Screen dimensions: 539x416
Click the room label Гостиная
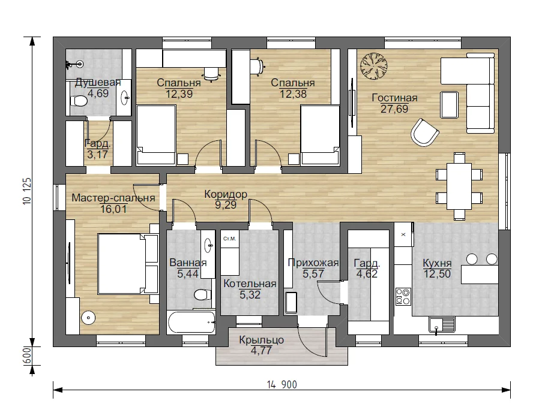(x=394, y=98)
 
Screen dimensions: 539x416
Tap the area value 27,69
(x=394, y=109)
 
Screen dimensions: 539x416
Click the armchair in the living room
(x=424, y=132)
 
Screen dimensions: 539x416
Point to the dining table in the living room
(x=459, y=186)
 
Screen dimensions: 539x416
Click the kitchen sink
(x=442, y=324)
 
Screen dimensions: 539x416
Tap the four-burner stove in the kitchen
(x=403, y=296)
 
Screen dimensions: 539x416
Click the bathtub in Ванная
(x=191, y=322)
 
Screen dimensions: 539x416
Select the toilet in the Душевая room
(x=79, y=101)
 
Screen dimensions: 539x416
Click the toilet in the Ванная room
(x=202, y=294)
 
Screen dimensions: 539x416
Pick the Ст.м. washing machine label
(x=229, y=239)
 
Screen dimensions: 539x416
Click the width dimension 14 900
(x=282, y=385)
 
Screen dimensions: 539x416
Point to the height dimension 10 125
(x=27, y=191)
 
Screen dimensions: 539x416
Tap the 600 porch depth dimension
(x=27, y=356)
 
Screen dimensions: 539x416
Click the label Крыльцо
(x=261, y=340)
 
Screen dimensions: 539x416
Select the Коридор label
(x=226, y=194)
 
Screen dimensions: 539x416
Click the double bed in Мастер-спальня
(x=128, y=264)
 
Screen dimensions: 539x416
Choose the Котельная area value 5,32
(x=250, y=295)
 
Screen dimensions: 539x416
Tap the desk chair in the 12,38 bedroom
(x=257, y=66)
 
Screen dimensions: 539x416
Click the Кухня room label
(x=437, y=264)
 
